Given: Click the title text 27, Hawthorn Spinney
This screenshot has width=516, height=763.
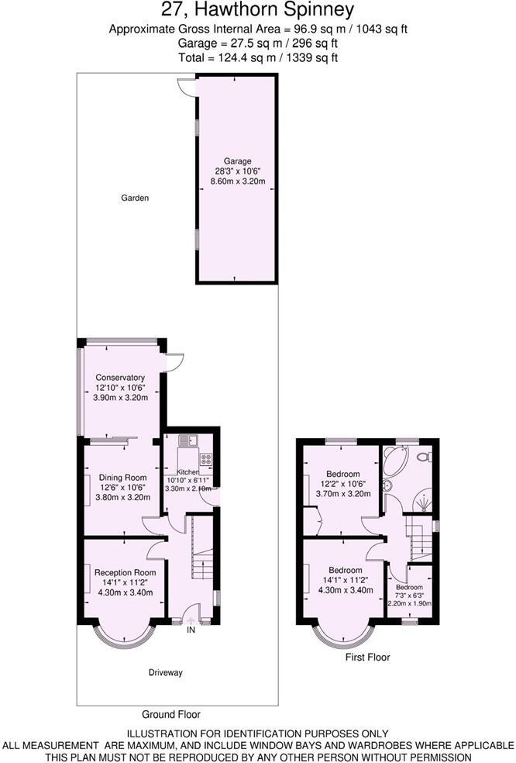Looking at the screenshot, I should click(x=258, y=10).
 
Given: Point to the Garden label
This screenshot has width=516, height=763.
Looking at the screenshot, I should click(x=134, y=199).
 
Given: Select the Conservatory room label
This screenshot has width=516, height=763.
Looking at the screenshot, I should click(x=120, y=378).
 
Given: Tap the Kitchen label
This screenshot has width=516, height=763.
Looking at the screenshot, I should click(x=189, y=472).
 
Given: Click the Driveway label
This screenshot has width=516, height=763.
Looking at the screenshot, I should click(x=165, y=673).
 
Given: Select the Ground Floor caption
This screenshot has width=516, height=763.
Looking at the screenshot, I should click(x=171, y=714).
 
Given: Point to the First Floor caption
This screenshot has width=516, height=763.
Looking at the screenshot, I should click(x=367, y=658).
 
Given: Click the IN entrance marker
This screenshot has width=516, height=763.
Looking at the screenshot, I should click(x=191, y=630).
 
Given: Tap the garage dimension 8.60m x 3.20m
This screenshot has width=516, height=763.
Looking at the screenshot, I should click(x=238, y=181).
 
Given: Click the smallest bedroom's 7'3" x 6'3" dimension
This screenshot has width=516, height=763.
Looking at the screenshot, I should click(x=410, y=595).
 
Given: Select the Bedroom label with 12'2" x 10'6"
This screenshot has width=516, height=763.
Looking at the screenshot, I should click(x=342, y=474).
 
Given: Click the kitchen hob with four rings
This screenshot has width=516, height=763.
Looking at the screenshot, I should click(x=207, y=458).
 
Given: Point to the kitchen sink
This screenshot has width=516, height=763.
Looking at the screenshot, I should click(x=188, y=441).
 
